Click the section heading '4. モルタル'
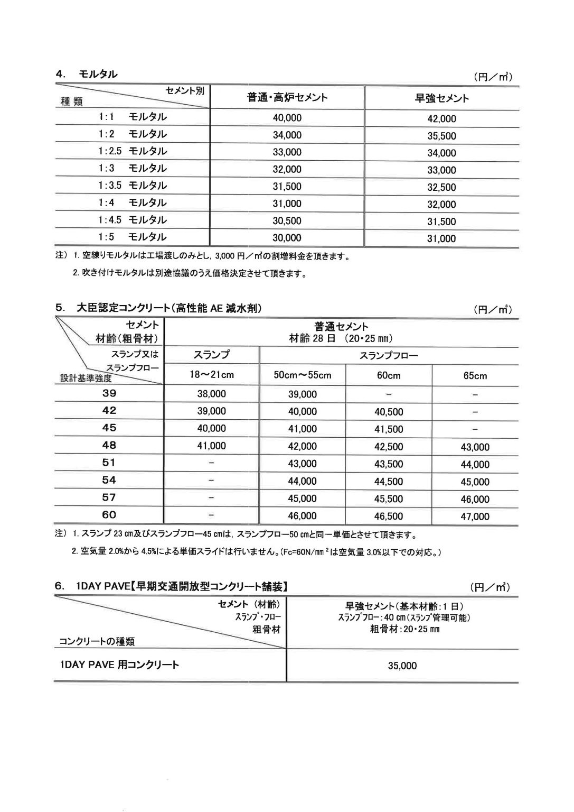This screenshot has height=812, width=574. pos(87,74)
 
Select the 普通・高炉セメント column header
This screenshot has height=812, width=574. pos(287,97)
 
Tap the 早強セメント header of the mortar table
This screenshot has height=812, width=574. pos(441,98)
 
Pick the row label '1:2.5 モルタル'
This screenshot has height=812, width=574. pos(132,151)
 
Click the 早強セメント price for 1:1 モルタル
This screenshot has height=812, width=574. pos(441,119)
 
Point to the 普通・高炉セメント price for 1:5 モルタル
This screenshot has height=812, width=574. pos(287,238)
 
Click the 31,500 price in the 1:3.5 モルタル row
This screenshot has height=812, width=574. pos(287,186)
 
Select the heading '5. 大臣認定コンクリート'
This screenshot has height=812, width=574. pos(158,308)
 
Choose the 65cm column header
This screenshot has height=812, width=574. pos(475,376)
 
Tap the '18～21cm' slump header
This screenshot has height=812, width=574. pos(211,375)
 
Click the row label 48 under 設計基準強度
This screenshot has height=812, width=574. pos(109,445)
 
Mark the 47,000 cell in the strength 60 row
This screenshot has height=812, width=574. pos(475,516)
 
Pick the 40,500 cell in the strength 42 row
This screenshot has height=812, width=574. pos(388,412)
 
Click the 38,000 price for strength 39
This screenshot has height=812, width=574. pos(211,394)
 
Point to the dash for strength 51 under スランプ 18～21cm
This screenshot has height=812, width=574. pos(211,463)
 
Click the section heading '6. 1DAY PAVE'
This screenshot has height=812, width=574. pos(171,586)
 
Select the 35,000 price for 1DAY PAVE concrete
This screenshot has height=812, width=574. pos(402,666)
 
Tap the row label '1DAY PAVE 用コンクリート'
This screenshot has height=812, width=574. pos(119,665)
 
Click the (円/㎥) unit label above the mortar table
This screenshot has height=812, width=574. pos(493,77)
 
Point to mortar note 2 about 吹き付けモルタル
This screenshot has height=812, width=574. pos(189,273)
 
